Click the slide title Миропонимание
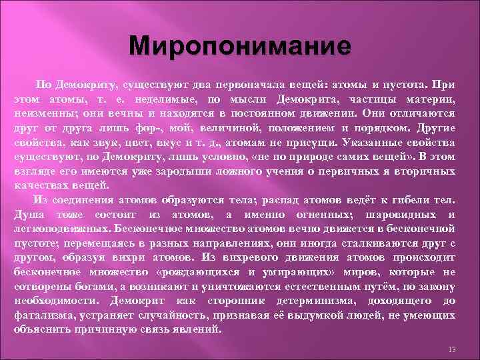point(240,47)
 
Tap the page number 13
point(452,350)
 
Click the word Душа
point(26,215)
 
